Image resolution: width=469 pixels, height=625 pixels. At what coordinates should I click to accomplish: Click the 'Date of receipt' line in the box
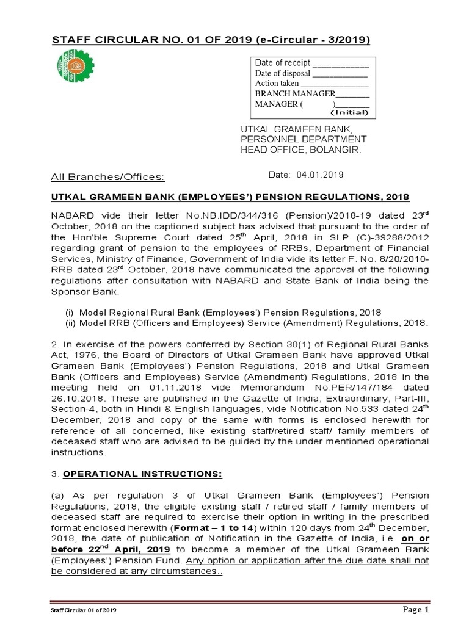coord(312,63)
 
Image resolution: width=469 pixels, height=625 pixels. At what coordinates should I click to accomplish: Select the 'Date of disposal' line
coord(311,73)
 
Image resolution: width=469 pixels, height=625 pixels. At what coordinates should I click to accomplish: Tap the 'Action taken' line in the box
coord(312,84)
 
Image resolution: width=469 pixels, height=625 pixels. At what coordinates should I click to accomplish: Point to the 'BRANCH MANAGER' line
coord(312,94)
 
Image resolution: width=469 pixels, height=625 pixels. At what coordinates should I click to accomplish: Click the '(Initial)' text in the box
coord(349,112)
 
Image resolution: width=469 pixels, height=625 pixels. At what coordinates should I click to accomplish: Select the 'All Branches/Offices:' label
coord(107,177)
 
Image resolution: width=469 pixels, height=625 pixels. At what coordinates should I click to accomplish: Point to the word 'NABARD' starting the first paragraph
coord(68,214)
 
